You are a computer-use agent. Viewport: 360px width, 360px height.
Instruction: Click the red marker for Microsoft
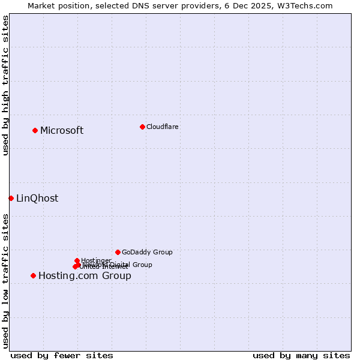[35, 130]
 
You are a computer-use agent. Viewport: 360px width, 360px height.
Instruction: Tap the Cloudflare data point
[142, 127]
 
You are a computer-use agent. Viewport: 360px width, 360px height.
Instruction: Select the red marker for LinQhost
[11, 198]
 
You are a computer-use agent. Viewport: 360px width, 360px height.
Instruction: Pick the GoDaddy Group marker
[118, 252]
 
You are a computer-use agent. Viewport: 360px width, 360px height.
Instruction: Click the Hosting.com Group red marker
[33, 275]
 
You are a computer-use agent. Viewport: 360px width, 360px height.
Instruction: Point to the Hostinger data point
[77, 260]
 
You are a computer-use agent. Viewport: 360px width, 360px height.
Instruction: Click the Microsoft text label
[62, 131]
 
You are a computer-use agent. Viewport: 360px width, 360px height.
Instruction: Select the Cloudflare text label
[162, 127]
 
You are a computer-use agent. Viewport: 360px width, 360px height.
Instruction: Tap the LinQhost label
[37, 199]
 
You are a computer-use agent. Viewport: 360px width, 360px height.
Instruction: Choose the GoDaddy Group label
[147, 253]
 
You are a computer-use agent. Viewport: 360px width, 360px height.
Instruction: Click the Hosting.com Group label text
[85, 276]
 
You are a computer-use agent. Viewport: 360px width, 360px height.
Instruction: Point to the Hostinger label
[96, 260]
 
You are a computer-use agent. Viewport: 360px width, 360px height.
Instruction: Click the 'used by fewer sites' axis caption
[62, 355]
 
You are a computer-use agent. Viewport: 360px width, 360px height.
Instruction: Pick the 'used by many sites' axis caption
[301, 355]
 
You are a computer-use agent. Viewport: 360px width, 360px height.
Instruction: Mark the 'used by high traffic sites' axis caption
[5, 85]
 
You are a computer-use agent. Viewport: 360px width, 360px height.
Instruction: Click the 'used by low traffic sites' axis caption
[5, 280]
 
